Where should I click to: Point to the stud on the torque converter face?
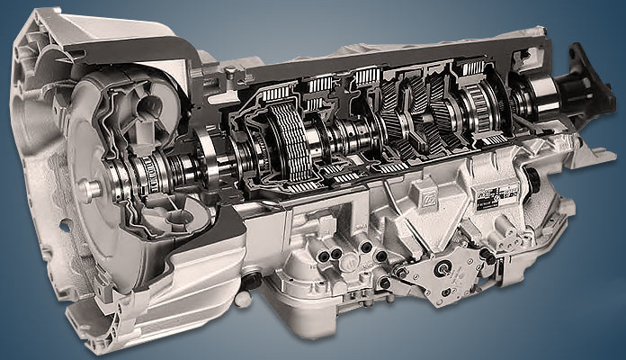click(89, 190)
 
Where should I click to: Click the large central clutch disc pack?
click(286, 143)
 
